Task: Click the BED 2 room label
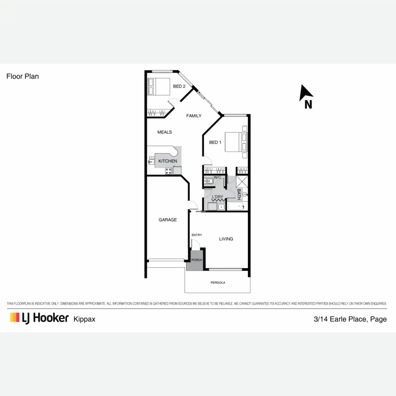click(x=179, y=86)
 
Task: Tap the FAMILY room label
click(x=194, y=116)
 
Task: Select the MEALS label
click(x=164, y=132)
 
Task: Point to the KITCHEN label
click(x=168, y=161)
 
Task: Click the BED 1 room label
click(x=215, y=143)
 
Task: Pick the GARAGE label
click(x=168, y=220)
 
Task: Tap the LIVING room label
click(x=226, y=239)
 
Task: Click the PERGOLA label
click(x=218, y=283)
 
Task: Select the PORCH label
click(x=197, y=260)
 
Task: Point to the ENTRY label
click(x=197, y=235)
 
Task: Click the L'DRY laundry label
click(x=217, y=197)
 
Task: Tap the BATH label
click(x=239, y=194)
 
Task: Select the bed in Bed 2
click(x=159, y=86)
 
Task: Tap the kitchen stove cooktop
click(x=168, y=171)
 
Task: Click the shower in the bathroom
click(x=242, y=182)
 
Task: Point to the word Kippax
click(x=84, y=319)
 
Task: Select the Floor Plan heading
click(x=22, y=77)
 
